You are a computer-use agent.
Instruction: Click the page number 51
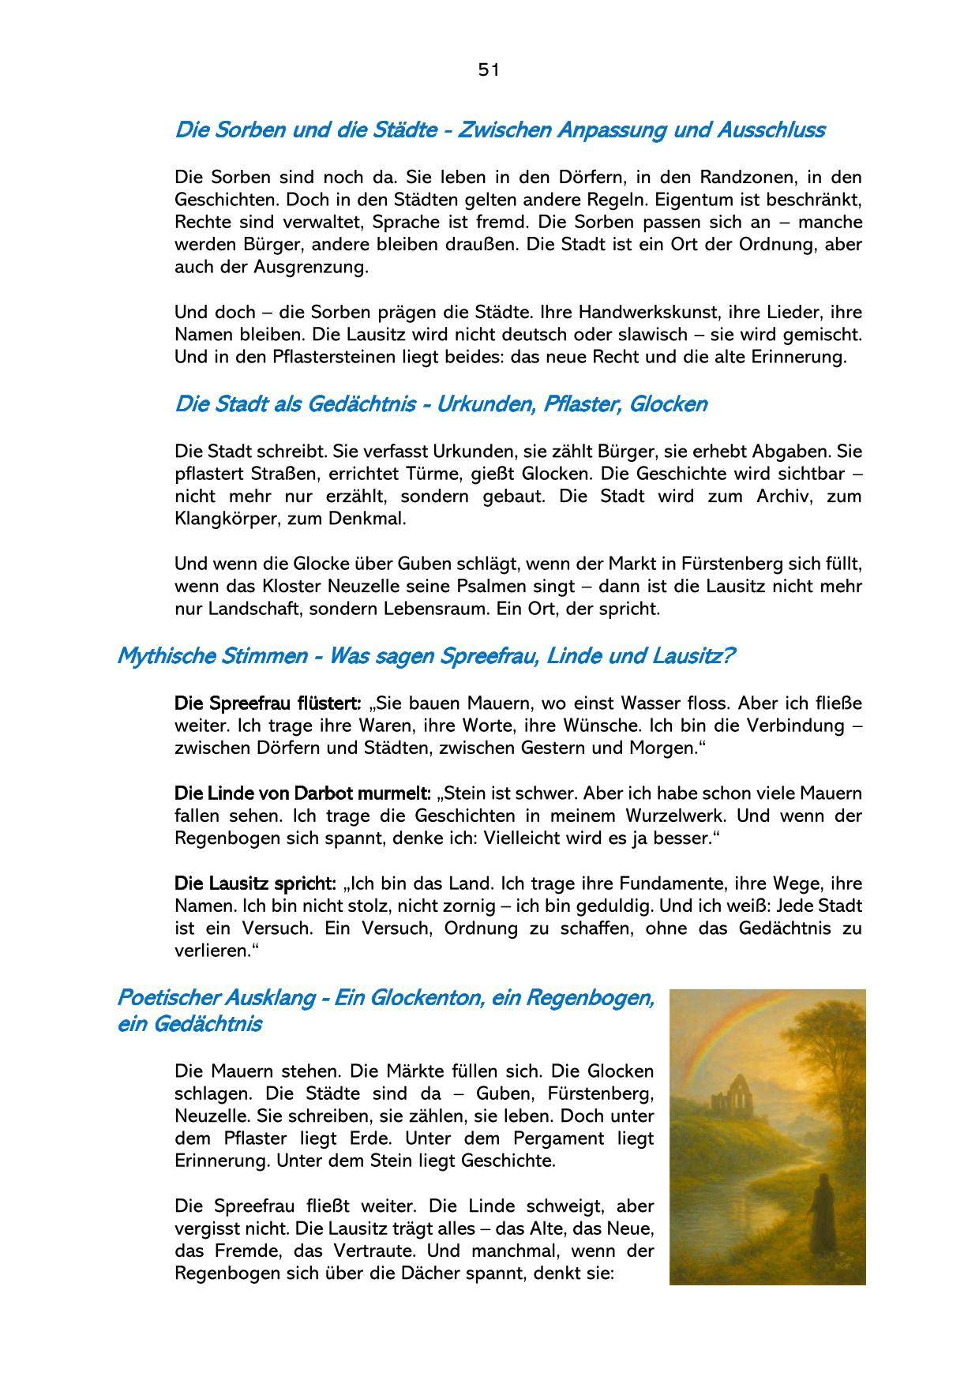489,69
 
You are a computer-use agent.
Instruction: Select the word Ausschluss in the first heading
771,129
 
